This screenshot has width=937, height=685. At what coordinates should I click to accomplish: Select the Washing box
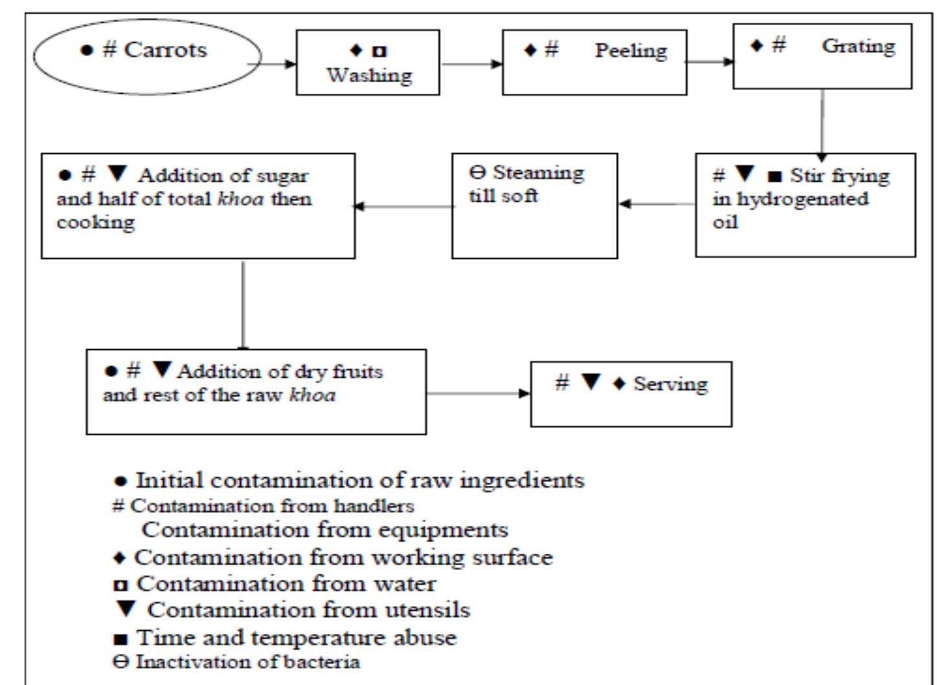tap(368, 63)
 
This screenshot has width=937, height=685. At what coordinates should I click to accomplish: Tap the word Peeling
tap(631, 50)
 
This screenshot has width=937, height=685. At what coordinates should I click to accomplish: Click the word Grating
tap(859, 47)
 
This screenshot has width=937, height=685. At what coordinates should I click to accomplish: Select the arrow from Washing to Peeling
tap(471, 64)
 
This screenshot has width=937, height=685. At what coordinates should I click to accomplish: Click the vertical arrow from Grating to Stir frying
tap(822, 123)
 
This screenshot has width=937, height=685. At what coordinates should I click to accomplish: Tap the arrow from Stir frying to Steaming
tap(657, 204)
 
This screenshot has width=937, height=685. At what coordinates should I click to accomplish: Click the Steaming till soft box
tap(534, 206)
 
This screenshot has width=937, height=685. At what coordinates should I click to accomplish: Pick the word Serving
tap(670, 384)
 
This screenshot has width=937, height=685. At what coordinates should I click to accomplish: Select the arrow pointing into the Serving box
tap(478, 393)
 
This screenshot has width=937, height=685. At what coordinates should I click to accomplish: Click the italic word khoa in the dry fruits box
tap(312, 395)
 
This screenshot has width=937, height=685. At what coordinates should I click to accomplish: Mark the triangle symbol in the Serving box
tap(591, 382)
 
